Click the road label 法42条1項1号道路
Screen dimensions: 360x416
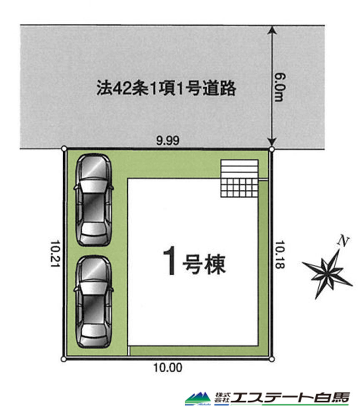coord(166,88)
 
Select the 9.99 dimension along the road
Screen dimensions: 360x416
coord(167,140)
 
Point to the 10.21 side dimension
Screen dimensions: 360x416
coord(55,254)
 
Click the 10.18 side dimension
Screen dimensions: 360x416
coord(280,255)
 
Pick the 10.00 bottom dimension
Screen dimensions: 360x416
coord(168,367)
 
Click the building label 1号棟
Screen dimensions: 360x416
coord(194,262)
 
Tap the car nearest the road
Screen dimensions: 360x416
coord(94,200)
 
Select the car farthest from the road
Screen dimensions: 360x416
coord(94,302)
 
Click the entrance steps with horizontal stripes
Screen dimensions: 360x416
coord(239,169)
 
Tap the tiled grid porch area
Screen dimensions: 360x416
coord(239,188)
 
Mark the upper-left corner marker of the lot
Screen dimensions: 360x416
coord(64,149)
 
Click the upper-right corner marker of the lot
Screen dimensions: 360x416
coord(272,149)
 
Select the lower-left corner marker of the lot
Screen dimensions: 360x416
coord(63,359)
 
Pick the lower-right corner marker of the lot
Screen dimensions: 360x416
coord(272,359)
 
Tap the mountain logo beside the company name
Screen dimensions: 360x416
coord(198,399)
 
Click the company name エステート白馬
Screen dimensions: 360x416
coord(290,398)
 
